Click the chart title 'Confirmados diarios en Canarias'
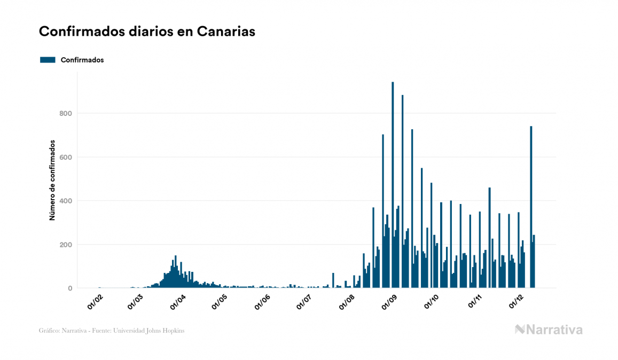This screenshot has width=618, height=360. pyautogui.click(x=147, y=32)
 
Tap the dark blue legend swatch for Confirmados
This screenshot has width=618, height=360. pyautogui.click(x=48, y=60)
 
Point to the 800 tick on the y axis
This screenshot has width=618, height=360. pyautogui.click(x=66, y=113)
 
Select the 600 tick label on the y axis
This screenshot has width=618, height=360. pyautogui.click(x=66, y=157)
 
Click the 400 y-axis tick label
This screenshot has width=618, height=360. pyautogui.click(x=66, y=201)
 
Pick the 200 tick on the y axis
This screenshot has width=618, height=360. pyautogui.click(x=66, y=245)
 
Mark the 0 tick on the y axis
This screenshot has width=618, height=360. pyautogui.click(x=69, y=288)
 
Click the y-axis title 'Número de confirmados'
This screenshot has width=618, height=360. pyautogui.click(x=52, y=181)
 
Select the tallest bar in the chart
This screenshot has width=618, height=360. pyautogui.click(x=393, y=187)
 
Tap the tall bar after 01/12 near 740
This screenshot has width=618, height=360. pyautogui.click(x=531, y=208)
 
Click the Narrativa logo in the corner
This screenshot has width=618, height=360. pyautogui.click(x=549, y=330)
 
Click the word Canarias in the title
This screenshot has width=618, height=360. pyautogui.click(x=226, y=32)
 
